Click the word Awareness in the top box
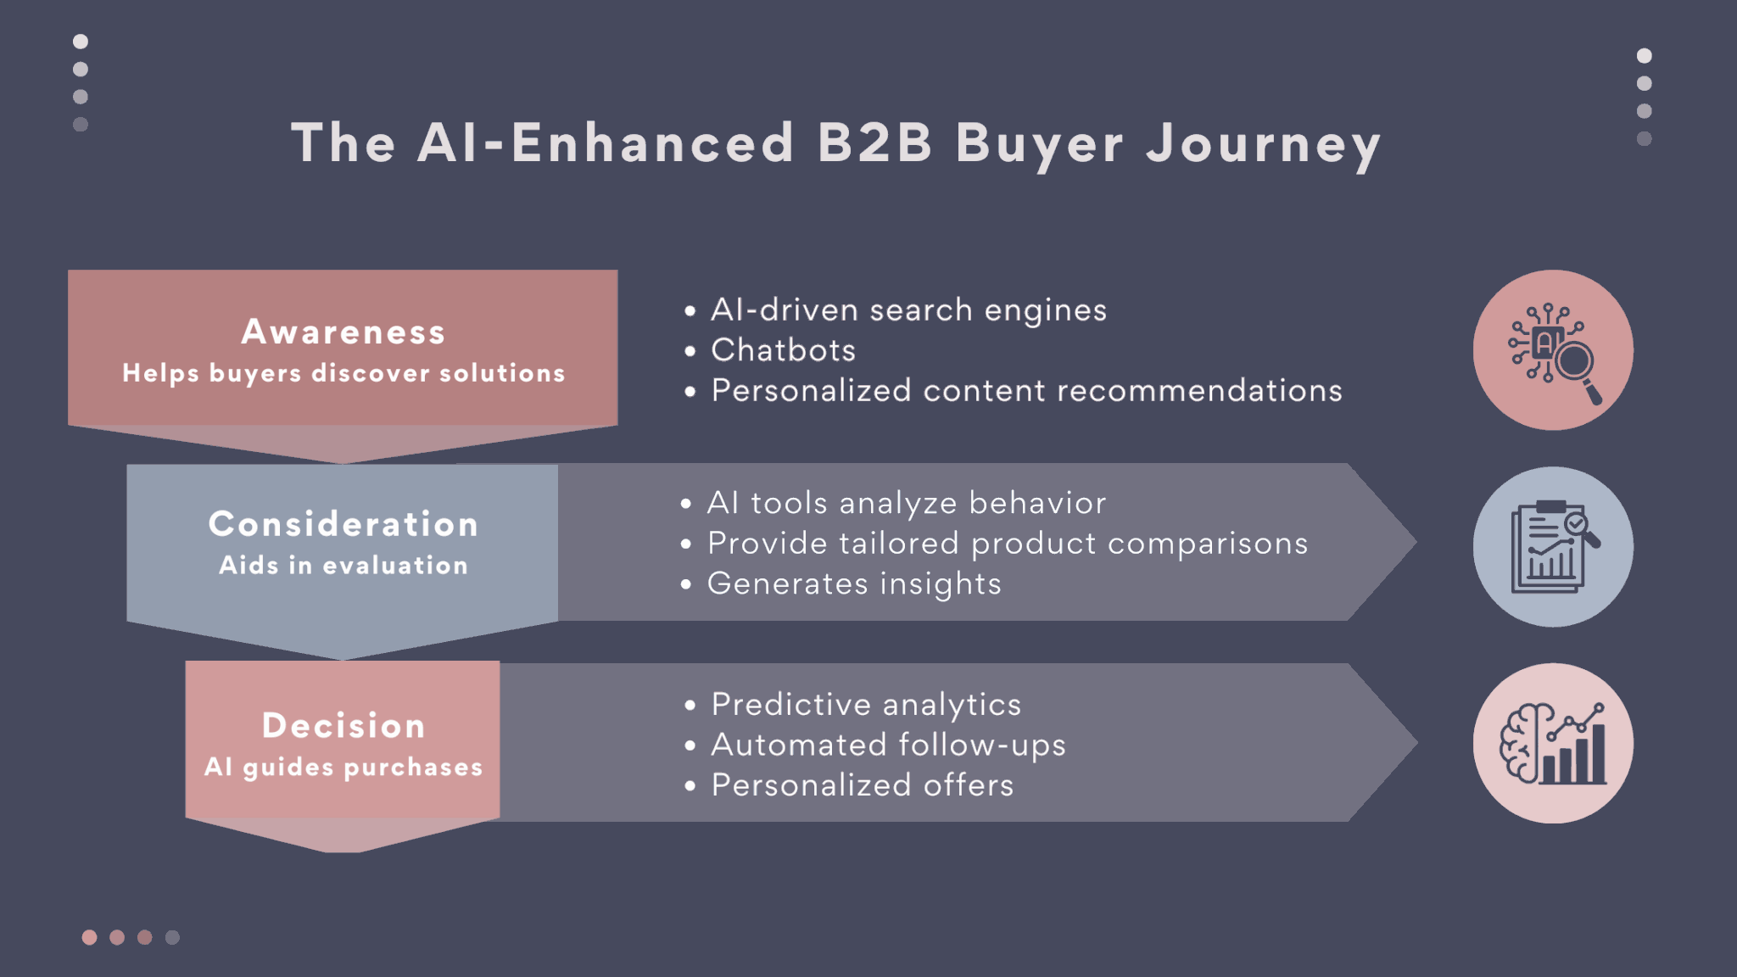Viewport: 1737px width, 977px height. click(x=343, y=332)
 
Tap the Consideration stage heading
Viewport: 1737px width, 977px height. click(x=343, y=524)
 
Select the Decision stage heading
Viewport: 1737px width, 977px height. click(x=343, y=725)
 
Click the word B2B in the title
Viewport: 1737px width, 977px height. click(x=874, y=142)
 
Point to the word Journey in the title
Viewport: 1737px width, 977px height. click(x=1264, y=144)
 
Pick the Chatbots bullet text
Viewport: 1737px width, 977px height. click(x=783, y=350)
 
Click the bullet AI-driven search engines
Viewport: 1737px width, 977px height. click(x=908, y=310)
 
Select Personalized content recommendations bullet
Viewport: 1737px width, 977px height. click(x=1026, y=391)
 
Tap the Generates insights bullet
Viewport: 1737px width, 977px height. click(x=854, y=583)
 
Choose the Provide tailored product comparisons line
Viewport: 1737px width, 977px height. click(x=1008, y=544)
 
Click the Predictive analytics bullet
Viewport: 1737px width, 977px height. click(x=866, y=704)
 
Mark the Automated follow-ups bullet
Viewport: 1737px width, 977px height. click(x=888, y=745)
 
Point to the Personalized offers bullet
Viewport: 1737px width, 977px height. click(x=863, y=785)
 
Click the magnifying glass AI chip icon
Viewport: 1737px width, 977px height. click(x=1553, y=350)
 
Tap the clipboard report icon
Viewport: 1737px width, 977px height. click(x=1553, y=547)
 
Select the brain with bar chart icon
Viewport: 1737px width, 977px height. click(x=1553, y=744)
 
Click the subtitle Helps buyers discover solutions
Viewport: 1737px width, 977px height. click(x=343, y=373)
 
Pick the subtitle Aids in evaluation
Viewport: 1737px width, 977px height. click(x=343, y=566)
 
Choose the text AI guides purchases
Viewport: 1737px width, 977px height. click(x=343, y=768)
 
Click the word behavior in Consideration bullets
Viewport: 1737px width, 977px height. click(x=1037, y=503)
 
